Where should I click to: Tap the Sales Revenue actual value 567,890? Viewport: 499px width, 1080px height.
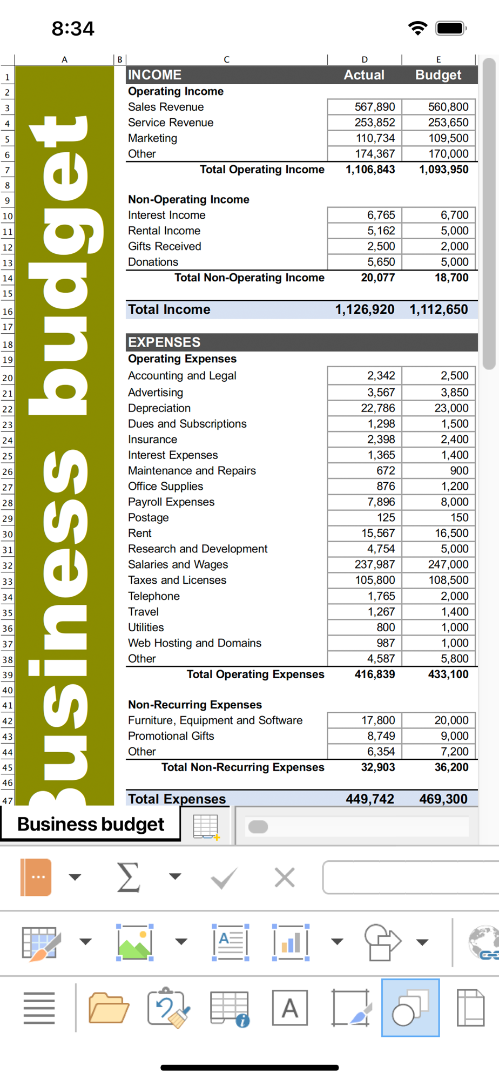click(374, 107)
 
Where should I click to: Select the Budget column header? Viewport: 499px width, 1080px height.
click(438, 75)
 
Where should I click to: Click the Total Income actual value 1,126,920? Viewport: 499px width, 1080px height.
click(365, 309)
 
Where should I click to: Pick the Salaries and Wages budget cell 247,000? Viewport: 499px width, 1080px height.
click(448, 564)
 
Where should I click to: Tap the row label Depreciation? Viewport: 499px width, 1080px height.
click(159, 408)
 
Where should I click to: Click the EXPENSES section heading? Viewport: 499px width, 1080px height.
click(164, 342)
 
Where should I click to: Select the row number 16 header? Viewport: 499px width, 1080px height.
click(8, 312)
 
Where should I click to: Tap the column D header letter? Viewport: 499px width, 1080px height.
click(365, 59)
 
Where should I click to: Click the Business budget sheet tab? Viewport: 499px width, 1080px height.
click(91, 825)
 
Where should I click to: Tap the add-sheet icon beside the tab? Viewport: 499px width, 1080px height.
click(206, 827)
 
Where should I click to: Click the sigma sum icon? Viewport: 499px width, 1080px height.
click(129, 877)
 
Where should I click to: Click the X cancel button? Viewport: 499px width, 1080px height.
click(285, 878)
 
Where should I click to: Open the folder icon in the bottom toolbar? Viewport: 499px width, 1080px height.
click(109, 1008)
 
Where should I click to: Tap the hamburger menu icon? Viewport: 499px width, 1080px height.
click(39, 1008)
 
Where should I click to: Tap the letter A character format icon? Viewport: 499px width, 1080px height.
click(290, 1008)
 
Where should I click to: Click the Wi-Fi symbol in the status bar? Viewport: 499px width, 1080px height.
click(417, 28)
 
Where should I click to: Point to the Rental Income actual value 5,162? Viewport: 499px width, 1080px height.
click(381, 231)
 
